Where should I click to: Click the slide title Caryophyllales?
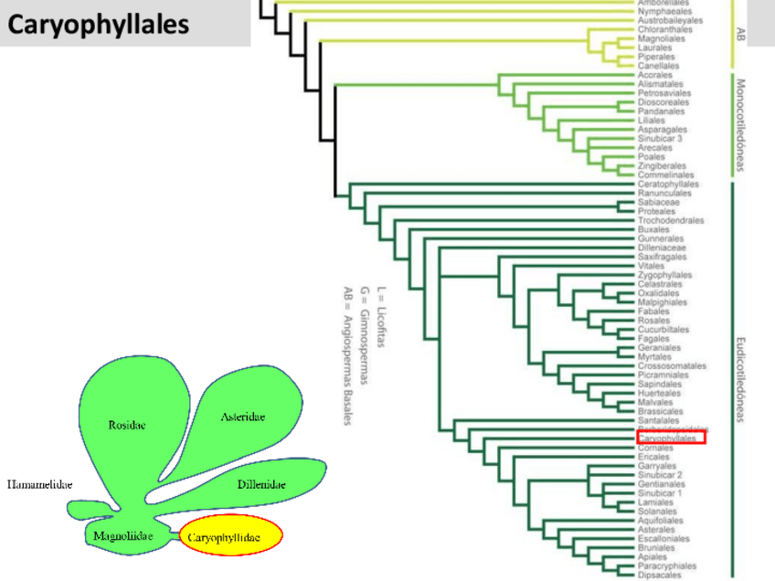pos(99,24)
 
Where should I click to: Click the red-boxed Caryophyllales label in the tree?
pos(672,439)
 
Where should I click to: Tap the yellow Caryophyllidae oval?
pos(231,537)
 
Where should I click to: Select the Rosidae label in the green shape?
pos(127,425)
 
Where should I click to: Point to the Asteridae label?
pos(243,417)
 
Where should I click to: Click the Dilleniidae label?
pos(261,483)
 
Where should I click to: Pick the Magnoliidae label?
pos(122,536)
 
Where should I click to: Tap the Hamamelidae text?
pos(39,484)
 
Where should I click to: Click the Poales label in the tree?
pos(652,157)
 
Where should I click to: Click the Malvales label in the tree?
pos(656,402)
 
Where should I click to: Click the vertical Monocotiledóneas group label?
pos(741,125)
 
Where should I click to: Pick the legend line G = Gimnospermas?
pos(365,333)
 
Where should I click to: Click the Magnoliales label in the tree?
pos(662,38)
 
